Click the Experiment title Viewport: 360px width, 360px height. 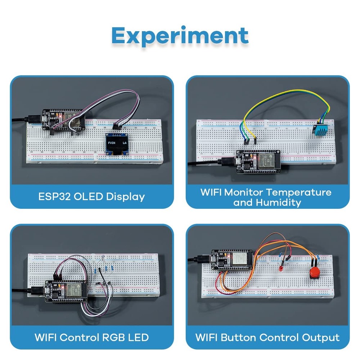(x=180, y=36)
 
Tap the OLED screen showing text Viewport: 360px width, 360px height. (x=117, y=144)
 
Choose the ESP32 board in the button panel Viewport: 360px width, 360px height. (x=230, y=259)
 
